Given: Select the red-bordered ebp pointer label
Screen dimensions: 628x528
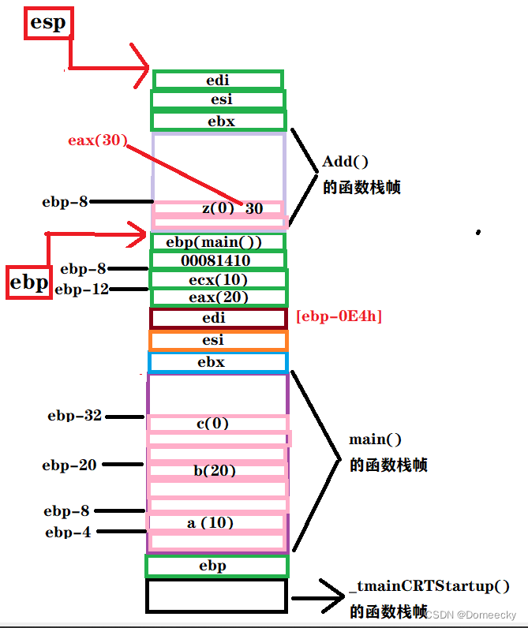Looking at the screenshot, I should (29, 282).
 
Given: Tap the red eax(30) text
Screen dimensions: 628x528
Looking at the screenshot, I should (97, 140).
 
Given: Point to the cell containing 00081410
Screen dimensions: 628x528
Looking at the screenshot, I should (217, 260).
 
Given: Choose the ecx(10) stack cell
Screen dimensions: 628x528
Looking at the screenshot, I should (218, 279).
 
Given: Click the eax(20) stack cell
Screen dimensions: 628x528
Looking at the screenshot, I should (218, 297).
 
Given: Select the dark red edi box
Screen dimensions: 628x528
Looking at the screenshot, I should (218, 319).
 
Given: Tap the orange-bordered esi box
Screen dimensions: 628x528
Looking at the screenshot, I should (218, 340).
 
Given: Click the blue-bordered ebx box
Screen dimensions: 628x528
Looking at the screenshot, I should (218, 362).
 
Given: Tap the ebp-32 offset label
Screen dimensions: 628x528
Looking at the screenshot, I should (75, 416).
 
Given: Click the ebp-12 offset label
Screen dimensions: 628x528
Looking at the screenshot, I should (81, 290).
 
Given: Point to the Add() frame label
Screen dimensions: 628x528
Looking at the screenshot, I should (346, 163).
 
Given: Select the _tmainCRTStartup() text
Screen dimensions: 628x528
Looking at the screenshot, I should (429, 587).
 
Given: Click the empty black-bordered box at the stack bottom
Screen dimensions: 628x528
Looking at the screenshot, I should (216, 596).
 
